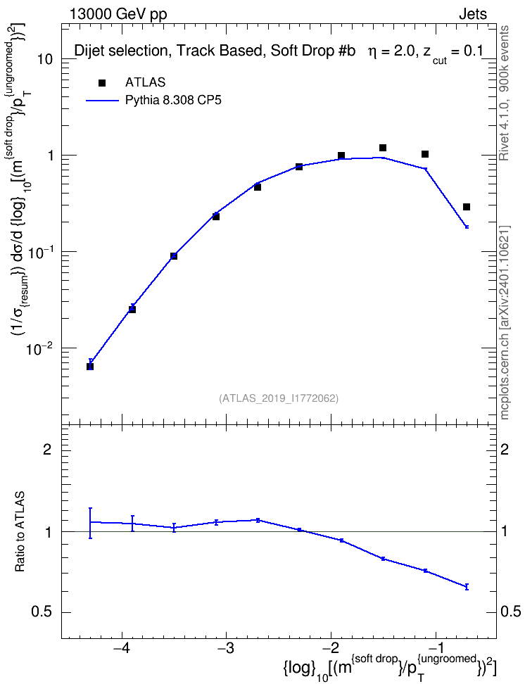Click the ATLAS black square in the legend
(102, 83)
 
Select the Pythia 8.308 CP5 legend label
(173, 101)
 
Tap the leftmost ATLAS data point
(90, 367)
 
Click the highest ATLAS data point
(383, 148)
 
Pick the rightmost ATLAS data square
(467, 207)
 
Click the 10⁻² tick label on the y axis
(40, 348)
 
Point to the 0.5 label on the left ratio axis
(42, 612)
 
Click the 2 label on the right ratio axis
(505, 449)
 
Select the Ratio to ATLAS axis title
(20, 531)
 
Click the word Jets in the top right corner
(473, 14)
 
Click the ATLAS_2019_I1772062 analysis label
(279, 398)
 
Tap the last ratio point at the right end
(467, 587)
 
